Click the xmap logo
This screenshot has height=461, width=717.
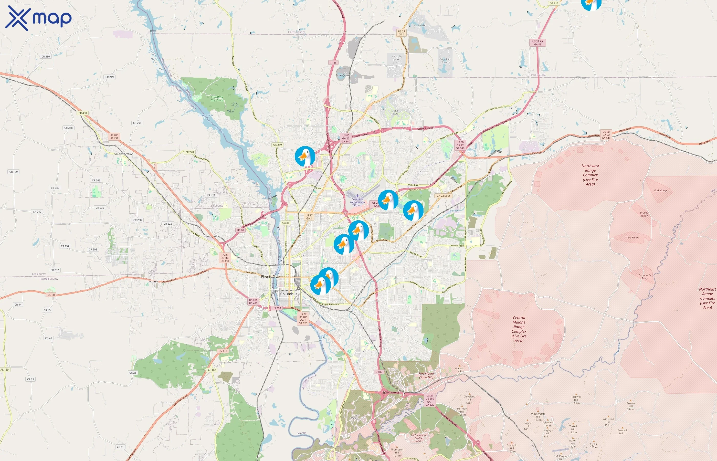[38, 18]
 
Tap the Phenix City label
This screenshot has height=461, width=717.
[270, 276]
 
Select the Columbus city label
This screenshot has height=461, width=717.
[289, 294]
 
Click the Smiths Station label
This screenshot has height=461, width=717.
[124, 154]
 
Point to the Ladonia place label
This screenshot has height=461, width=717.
[153, 281]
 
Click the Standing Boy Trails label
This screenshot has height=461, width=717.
[217, 99]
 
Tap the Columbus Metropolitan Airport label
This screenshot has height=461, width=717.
[357, 202]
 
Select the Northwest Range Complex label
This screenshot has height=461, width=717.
[590, 175]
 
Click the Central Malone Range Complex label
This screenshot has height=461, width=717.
[519, 329]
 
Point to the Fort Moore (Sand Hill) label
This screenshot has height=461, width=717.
[426, 375]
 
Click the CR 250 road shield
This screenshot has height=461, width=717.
[46, 57]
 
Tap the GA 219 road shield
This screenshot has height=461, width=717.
[277, 145]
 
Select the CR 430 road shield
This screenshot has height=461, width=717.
[83, 113]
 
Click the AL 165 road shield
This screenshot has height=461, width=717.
[212, 370]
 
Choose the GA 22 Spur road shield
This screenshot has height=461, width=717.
[443, 196]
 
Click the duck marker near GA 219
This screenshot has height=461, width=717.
[305, 156]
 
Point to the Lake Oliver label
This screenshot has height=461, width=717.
[206, 115]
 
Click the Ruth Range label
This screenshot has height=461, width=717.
[660, 190]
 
